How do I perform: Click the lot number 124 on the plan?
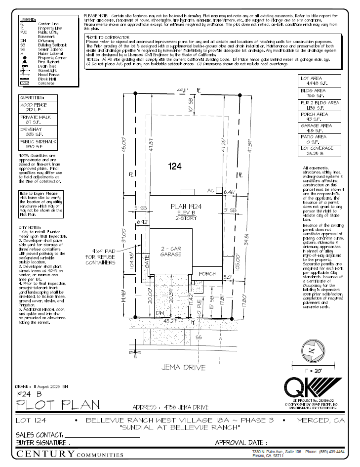[175, 167]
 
